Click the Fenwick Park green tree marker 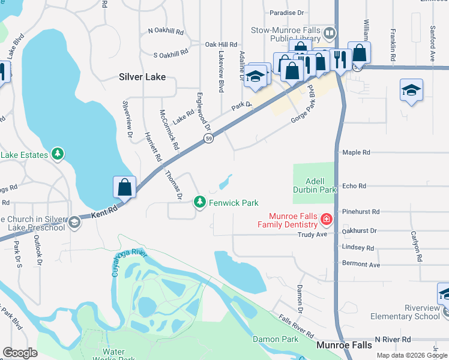pyautogui.click(x=200, y=203)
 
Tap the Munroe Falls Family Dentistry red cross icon pyautogui.click(x=326, y=220)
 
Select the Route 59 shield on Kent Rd pyautogui.click(x=208, y=139)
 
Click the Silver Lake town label pyautogui.click(x=142, y=77)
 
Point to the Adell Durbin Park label pyautogui.click(x=314, y=184)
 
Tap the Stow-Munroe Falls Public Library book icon pyautogui.click(x=329, y=32)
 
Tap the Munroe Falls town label pyautogui.click(x=344, y=345)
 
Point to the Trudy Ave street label pyautogui.click(x=313, y=235)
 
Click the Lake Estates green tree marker pyautogui.click(x=58, y=155)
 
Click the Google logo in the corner pyautogui.click(x=20, y=353)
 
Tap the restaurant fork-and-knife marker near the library pyautogui.click(x=340, y=59)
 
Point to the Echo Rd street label pyautogui.click(x=354, y=186)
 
